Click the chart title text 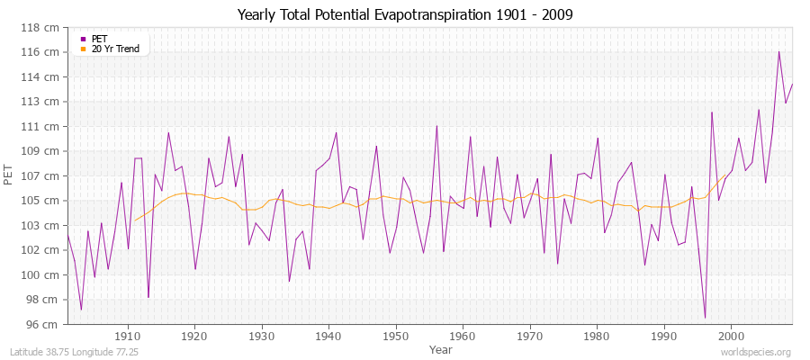(x=405, y=15)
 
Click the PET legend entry (x=100, y=39)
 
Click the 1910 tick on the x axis (x=128, y=336)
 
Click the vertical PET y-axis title (x=10, y=175)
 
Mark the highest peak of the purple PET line (x=778, y=51)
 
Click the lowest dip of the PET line (x=705, y=317)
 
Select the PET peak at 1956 (x=436, y=126)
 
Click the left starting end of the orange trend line (x=134, y=220)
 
